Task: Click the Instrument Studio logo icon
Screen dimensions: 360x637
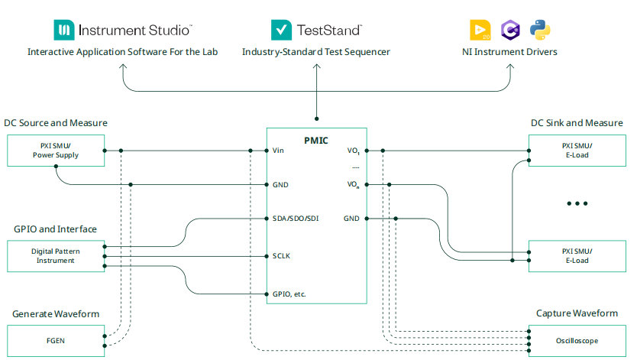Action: [63, 30]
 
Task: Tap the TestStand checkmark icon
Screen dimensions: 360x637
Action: [282, 30]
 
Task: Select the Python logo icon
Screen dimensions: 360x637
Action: [540, 30]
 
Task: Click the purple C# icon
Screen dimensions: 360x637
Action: [509, 30]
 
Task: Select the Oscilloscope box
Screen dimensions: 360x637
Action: [577, 340]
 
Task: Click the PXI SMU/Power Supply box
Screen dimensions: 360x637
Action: [55, 151]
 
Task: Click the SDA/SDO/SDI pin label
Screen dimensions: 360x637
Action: [296, 219]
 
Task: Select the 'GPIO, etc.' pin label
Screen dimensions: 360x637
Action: [289, 294]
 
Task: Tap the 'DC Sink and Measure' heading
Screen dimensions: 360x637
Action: [577, 123]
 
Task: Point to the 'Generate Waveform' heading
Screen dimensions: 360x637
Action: [56, 314]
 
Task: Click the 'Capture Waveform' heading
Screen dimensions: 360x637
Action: [577, 313]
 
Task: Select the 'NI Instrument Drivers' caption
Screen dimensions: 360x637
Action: [509, 52]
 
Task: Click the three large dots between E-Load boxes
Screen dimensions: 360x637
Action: [577, 203]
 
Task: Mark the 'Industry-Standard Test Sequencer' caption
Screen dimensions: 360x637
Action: [316, 52]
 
